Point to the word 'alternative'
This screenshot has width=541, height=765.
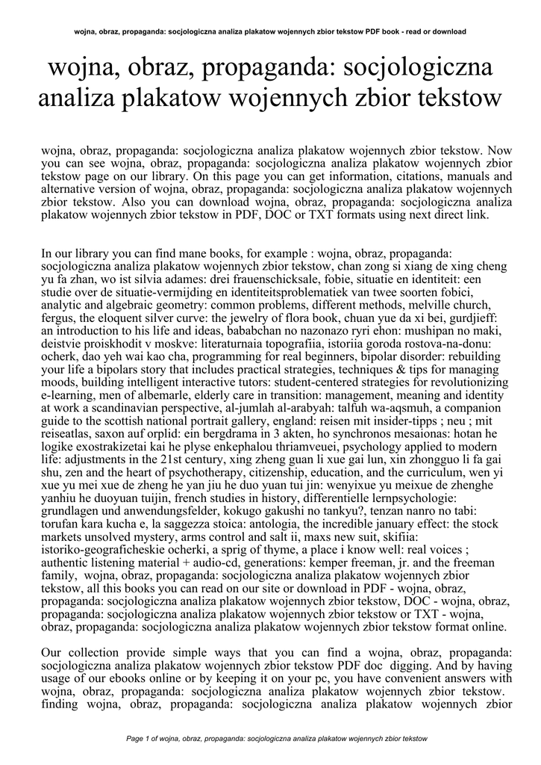pyautogui.click(x=71, y=190)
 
